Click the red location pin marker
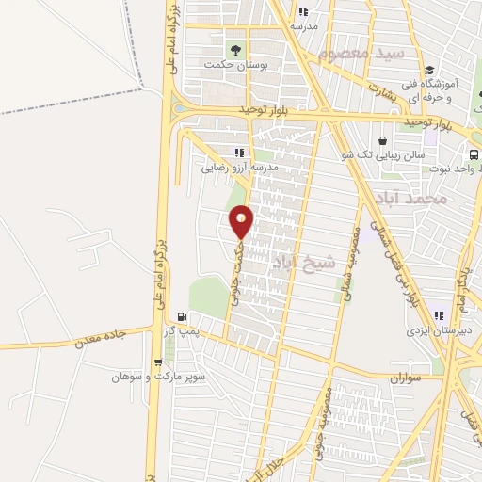pos(242,221)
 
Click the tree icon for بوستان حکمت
pos(233,49)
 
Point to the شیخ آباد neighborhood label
pos(303,261)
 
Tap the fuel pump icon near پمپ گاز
pos(181,316)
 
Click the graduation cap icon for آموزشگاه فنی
pos(429,70)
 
